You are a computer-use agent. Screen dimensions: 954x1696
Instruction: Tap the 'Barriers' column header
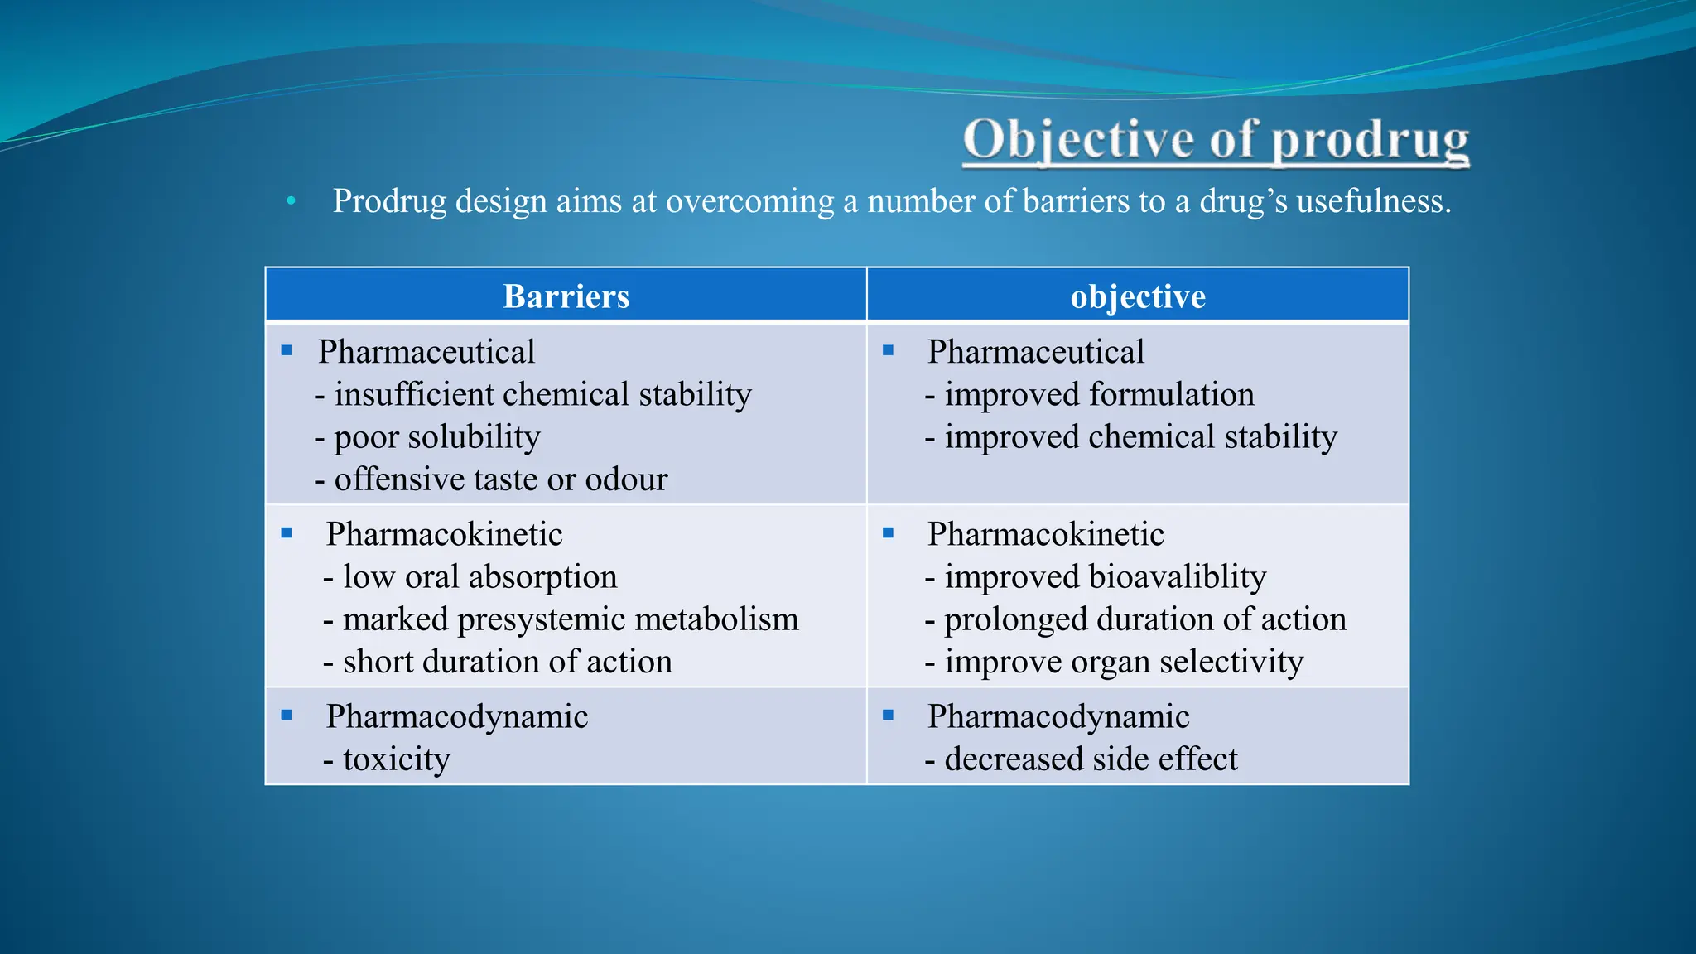click(x=566, y=296)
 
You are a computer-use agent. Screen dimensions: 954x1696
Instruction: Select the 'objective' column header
click(x=1138, y=296)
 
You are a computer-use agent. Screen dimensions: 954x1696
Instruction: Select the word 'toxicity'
click(x=397, y=759)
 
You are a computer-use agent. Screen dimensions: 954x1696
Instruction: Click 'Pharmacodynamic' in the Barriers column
click(x=457, y=717)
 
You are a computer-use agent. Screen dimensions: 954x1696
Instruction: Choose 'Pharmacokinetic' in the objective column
click(x=1046, y=535)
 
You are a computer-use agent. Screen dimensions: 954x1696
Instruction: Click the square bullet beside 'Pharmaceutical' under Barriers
click(x=287, y=351)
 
